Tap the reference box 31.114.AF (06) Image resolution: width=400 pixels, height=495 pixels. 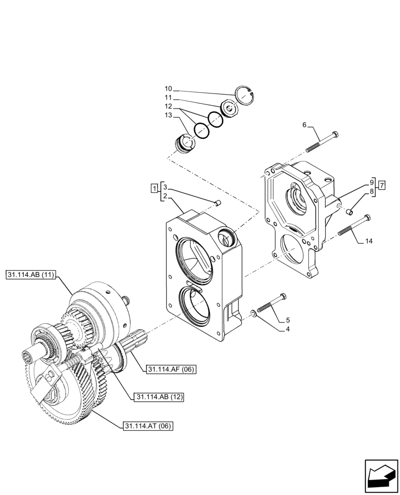pyautogui.click(x=171, y=369)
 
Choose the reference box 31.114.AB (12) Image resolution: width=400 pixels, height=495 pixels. pyautogui.click(x=157, y=396)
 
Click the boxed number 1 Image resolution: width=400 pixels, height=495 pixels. pyautogui.click(x=155, y=188)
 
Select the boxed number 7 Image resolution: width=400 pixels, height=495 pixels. pyautogui.click(x=381, y=185)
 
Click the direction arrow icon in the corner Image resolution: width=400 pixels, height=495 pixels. pyautogui.click(x=381, y=476)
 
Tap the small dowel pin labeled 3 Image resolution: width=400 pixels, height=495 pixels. pyautogui.click(x=218, y=202)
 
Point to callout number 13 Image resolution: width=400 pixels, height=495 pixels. pyautogui.click(x=169, y=115)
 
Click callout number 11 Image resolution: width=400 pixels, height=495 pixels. pyautogui.click(x=169, y=98)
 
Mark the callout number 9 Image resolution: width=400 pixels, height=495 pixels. pyautogui.click(x=372, y=182)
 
